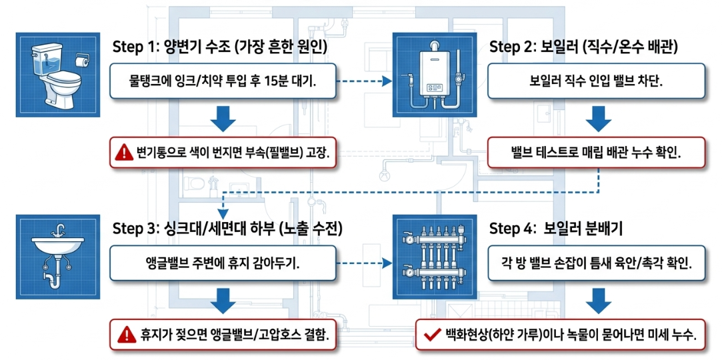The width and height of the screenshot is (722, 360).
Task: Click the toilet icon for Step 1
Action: [x=58, y=75]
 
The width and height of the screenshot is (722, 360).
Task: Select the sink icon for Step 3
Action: [x=58, y=257]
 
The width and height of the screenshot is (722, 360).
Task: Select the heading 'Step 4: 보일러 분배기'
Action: [x=558, y=229]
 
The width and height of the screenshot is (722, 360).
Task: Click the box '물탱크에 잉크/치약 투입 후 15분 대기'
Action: [x=223, y=81]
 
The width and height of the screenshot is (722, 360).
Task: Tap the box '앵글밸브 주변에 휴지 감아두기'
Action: [x=223, y=263]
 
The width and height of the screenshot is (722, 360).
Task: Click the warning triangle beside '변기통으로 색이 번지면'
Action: [x=124, y=151]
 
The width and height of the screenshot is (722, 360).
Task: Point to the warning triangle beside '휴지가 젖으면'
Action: [x=124, y=334]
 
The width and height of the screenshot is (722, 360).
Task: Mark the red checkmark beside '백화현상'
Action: [x=430, y=334]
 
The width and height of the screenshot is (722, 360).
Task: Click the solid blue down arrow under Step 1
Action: [x=223, y=119]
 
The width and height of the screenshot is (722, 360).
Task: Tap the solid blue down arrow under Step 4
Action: [x=598, y=301]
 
